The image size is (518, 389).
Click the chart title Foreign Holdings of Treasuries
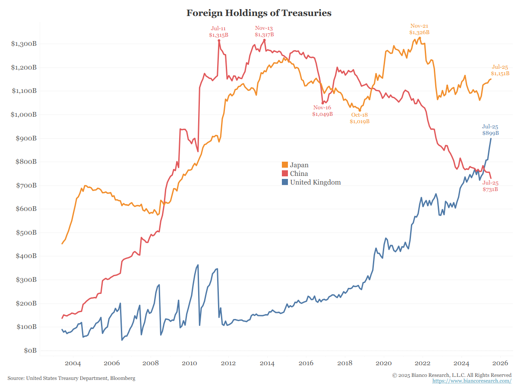[x=259, y=13]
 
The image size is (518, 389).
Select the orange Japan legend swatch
[x=285, y=165]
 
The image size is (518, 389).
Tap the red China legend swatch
[x=285, y=173]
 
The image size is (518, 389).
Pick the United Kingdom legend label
[x=315, y=182]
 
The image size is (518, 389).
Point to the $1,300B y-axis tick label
[x=24, y=44]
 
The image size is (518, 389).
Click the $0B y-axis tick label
[x=30, y=351]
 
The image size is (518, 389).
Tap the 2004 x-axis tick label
[x=73, y=363]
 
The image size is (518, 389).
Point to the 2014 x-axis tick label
[x=267, y=363]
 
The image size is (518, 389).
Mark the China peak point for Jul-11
[x=219, y=40]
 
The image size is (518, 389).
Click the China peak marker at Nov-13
[x=264, y=40]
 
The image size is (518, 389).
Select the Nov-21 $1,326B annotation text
[x=419, y=29]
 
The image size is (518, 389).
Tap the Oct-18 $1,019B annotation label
[x=360, y=118]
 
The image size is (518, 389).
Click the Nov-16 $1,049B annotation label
[x=322, y=111]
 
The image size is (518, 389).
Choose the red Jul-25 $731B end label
[x=490, y=186]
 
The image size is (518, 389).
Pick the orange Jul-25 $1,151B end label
[x=500, y=70]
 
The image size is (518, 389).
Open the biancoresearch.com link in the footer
[x=472, y=381]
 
